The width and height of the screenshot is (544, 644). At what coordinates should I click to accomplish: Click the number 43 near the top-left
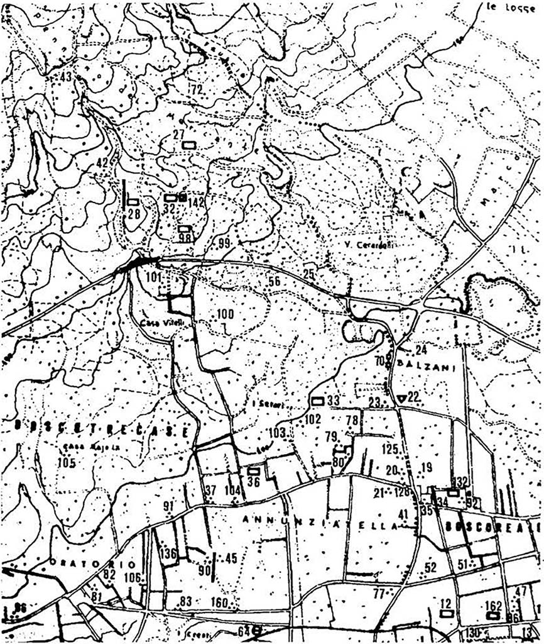66,77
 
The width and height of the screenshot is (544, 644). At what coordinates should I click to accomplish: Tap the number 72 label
197,89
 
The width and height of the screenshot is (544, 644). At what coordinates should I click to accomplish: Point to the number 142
197,203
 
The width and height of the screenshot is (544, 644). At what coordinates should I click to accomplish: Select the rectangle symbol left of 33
318,401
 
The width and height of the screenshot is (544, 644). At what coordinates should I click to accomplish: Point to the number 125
390,449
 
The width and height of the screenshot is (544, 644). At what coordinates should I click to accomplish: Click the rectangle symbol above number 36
254,470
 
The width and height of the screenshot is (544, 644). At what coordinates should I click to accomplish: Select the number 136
168,554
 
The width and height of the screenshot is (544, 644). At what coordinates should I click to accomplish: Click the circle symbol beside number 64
256,630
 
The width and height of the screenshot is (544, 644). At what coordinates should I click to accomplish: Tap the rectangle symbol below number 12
447,613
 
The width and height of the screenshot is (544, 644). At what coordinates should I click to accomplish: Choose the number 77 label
378,593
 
